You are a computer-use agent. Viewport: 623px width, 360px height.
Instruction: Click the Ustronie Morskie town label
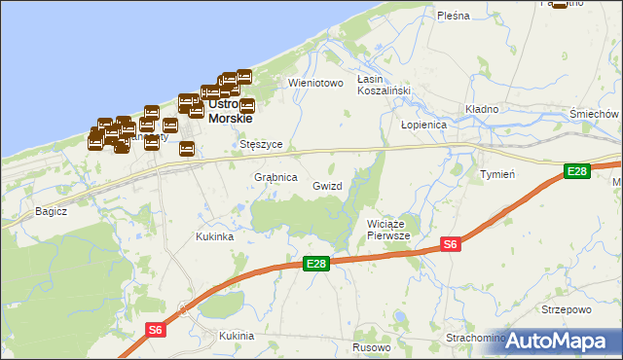pos(230,111)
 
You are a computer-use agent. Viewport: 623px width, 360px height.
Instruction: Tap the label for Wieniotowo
pos(316,84)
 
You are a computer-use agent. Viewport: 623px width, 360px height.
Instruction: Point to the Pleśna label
pos(454,16)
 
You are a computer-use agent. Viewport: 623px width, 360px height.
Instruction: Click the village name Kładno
pos(482,109)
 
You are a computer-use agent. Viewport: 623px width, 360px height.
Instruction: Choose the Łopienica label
pos(423,126)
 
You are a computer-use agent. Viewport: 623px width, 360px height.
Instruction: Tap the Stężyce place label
pos(261,144)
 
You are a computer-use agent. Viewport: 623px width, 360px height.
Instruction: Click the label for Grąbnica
pos(275,177)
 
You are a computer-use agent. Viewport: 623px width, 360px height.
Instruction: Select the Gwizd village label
pos(327,185)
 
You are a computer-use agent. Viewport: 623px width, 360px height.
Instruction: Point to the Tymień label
pos(497,173)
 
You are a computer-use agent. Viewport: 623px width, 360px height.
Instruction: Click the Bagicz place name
pos(50,210)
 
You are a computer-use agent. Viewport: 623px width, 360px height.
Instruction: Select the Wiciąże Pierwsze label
pos(388,230)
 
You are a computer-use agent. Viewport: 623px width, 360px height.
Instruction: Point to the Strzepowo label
pos(567,310)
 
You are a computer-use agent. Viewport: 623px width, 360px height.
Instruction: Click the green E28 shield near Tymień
pos(577,171)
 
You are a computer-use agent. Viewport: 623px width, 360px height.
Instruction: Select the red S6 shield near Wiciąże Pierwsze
pos(450,244)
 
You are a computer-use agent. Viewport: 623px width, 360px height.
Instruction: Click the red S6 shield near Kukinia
pos(155,331)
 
